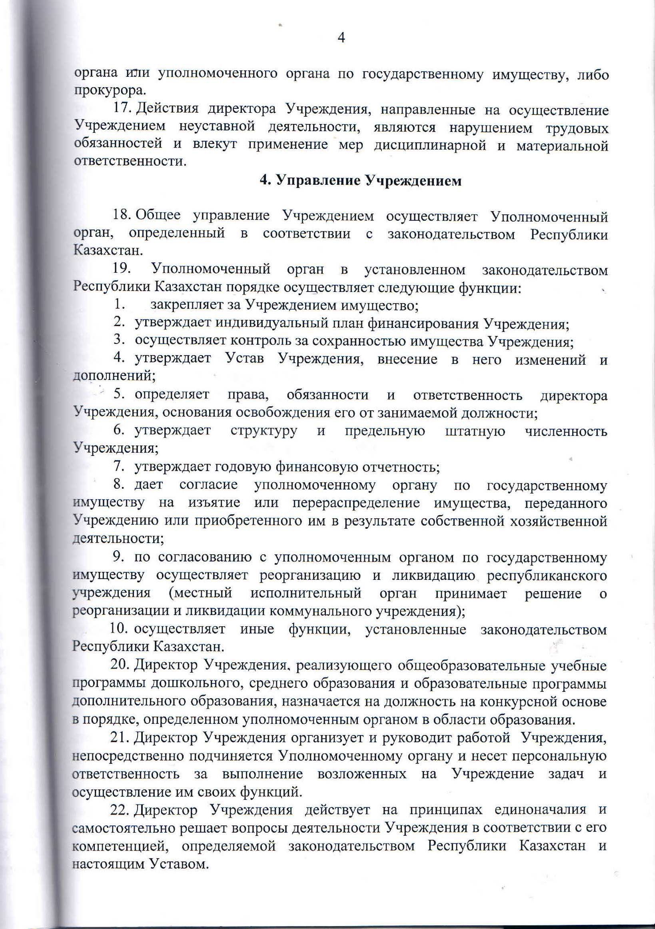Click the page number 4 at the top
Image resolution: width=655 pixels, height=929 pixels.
click(x=341, y=38)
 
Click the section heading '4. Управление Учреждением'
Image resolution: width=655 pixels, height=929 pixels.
click(x=360, y=180)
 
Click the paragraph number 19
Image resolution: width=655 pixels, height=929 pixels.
click(x=122, y=270)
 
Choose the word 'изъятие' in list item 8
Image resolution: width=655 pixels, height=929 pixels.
click(x=214, y=503)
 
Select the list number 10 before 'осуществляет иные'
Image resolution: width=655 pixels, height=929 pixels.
click(x=118, y=629)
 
